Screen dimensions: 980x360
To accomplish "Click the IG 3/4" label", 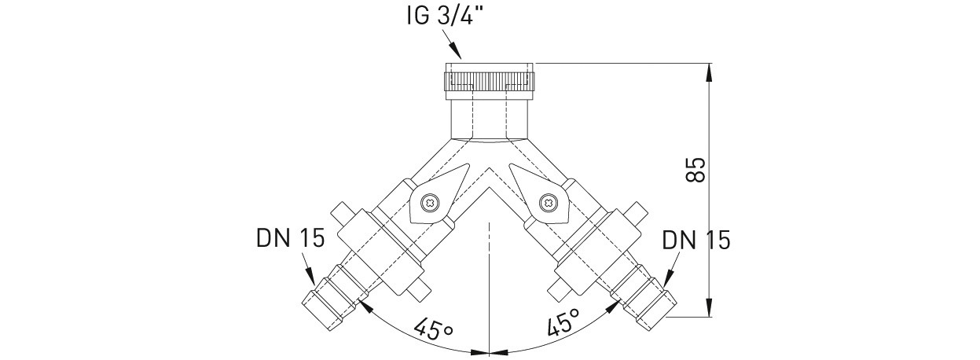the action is point(439,17).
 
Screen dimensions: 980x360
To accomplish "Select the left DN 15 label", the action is point(291,238).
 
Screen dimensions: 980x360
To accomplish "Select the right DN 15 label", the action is point(696,241).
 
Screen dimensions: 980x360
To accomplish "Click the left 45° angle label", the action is point(434,329).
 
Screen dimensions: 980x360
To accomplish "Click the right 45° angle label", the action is point(563,322).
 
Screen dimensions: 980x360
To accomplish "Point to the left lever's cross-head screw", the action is point(428,203).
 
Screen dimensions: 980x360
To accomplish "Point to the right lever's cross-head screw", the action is point(547,202).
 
